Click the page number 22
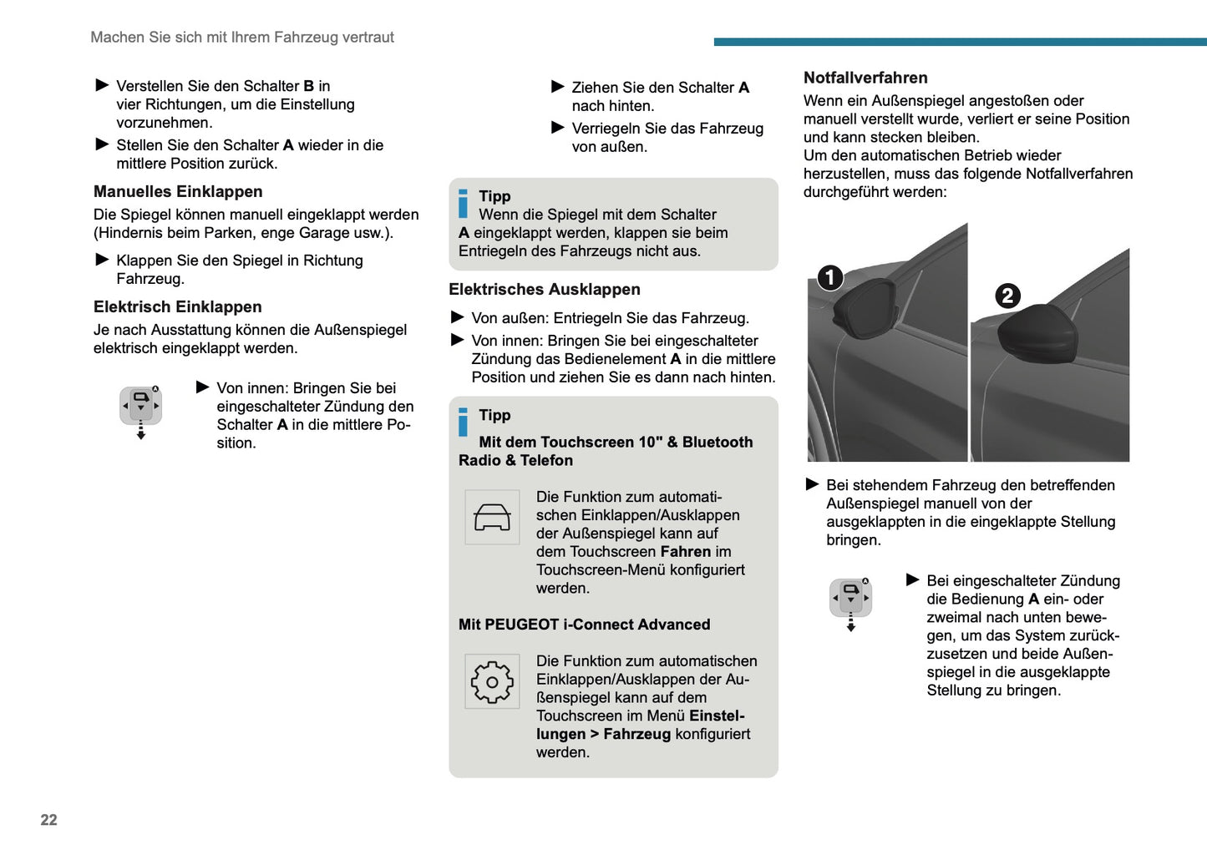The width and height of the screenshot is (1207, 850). pos(49,820)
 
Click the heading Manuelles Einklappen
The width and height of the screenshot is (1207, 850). pos(178,192)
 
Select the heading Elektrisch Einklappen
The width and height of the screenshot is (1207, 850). pos(178,307)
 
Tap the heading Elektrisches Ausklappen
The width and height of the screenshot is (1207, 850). pos(545,290)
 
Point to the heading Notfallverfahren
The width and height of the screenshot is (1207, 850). pos(865,78)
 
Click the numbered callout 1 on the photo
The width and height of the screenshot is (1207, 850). pos(829,277)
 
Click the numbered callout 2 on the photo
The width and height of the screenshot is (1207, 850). pos(1007,296)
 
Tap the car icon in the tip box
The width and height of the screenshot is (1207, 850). pos(492,518)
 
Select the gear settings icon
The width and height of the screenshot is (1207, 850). pos(492,682)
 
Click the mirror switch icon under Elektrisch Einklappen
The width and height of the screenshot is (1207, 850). pos(140,407)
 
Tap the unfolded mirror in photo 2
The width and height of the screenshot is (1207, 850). pos(1036,334)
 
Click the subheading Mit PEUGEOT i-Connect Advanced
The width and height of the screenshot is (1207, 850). pos(584,625)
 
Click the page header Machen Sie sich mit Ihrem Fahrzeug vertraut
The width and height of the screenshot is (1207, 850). pos(242,38)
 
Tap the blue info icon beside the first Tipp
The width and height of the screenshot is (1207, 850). pos(463,204)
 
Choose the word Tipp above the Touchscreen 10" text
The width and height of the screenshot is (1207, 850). pos(494,415)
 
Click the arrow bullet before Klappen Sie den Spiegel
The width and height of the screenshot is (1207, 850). pos(103,260)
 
